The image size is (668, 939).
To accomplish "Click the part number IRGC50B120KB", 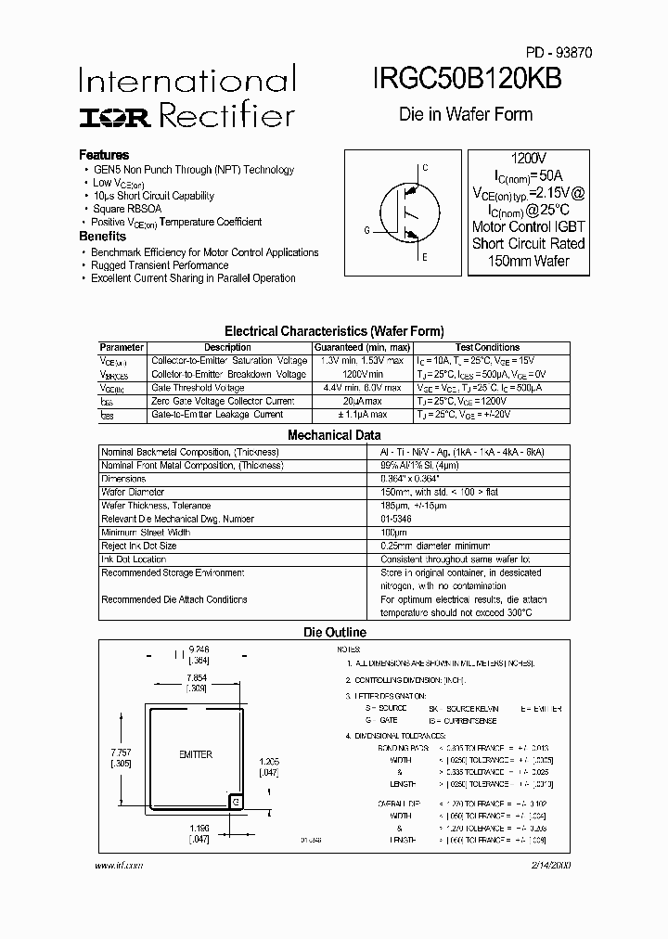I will pyautogui.click(x=469, y=81).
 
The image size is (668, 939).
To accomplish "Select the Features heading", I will pyautogui.click(x=104, y=155).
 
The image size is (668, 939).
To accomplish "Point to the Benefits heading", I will pyautogui.click(x=103, y=237).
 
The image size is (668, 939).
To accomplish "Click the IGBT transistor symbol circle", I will pyautogui.click(x=403, y=212).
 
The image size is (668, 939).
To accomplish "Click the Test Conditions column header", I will pyautogui.click(x=488, y=348).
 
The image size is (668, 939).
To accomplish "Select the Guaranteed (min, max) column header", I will pyautogui.click(x=360, y=348).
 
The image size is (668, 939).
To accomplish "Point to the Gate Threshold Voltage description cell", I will pyautogui.click(x=198, y=388).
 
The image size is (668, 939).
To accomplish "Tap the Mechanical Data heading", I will pyautogui.click(x=334, y=434).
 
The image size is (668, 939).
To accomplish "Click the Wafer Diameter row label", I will pyautogui.click(x=133, y=492).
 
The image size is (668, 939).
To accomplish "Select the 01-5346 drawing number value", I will pyautogui.click(x=397, y=519).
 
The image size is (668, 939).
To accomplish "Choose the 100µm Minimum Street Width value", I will pyautogui.click(x=393, y=533).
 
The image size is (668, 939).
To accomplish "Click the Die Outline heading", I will pyautogui.click(x=335, y=632).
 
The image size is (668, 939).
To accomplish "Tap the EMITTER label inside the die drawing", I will pyautogui.click(x=196, y=755).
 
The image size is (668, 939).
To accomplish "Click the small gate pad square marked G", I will pyautogui.click(x=236, y=801).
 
